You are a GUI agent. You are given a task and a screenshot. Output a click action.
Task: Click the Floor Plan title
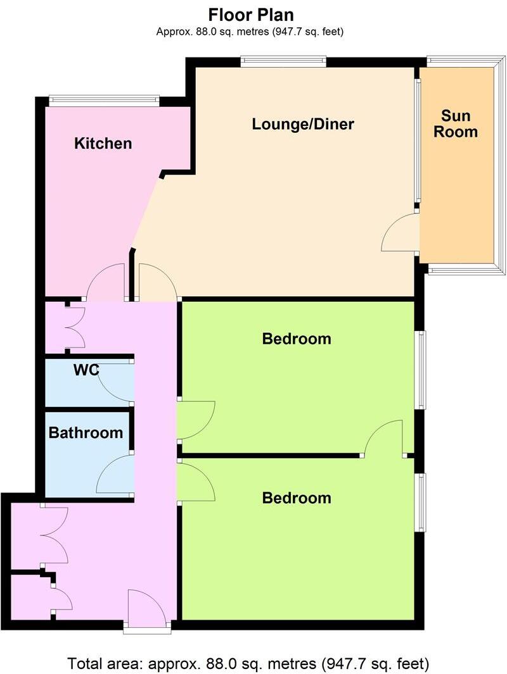[x=251, y=14]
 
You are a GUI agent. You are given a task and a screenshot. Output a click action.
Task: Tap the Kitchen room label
[x=103, y=144]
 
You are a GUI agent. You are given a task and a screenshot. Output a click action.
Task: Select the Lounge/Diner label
[x=302, y=124]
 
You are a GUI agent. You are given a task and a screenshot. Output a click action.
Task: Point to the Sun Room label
[x=459, y=124]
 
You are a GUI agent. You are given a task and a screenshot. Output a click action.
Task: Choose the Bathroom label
[x=86, y=434]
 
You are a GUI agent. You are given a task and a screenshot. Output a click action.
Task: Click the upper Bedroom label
[x=297, y=339]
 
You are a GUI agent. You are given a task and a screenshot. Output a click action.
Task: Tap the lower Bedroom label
[x=297, y=498]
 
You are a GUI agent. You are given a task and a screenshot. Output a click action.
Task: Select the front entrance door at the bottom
[x=147, y=609]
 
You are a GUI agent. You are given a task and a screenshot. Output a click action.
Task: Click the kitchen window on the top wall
[x=105, y=98]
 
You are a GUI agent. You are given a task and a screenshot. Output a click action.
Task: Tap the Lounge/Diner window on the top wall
[x=283, y=61]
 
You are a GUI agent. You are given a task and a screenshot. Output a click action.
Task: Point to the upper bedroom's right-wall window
[x=420, y=370]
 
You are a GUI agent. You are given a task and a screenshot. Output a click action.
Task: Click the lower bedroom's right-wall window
[x=420, y=502]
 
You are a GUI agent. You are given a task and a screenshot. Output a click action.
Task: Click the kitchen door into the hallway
[x=105, y=284]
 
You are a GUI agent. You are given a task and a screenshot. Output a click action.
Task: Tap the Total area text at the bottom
[x=248, y=664]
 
